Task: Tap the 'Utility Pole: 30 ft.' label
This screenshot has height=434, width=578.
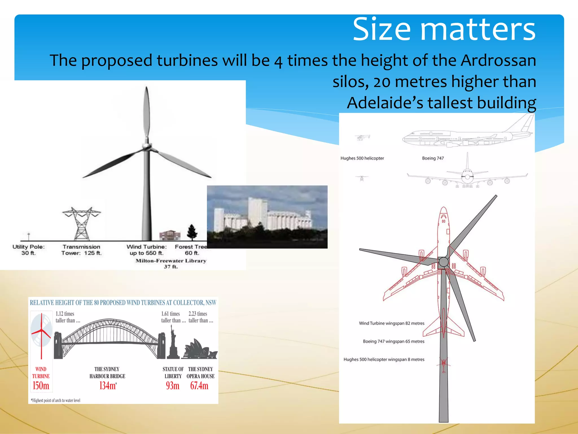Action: point(29,250)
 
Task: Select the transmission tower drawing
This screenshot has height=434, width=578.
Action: point(82,223)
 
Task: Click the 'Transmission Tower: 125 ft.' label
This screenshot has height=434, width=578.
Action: point(81,250)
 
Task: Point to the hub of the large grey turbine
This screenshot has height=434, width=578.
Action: point(146,146)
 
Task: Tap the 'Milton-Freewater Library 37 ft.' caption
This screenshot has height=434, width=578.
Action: point(171,263)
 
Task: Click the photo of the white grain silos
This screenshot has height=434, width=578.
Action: point(267,217)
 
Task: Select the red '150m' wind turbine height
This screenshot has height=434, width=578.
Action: point(41,385)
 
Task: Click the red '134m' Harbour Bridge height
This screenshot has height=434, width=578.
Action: point(108,385)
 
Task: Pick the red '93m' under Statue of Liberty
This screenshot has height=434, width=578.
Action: point(172,385)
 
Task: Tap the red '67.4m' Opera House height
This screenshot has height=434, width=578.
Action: point(199,385)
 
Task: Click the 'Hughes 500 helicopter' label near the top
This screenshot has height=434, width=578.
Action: point(362,158)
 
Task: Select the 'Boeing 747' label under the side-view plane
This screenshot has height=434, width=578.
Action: point(433,158)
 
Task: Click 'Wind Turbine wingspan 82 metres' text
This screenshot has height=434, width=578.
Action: point(391,323)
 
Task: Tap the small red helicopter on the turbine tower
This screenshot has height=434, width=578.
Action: point(443,364)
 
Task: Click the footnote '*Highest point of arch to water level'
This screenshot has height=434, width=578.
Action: point(56,400)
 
